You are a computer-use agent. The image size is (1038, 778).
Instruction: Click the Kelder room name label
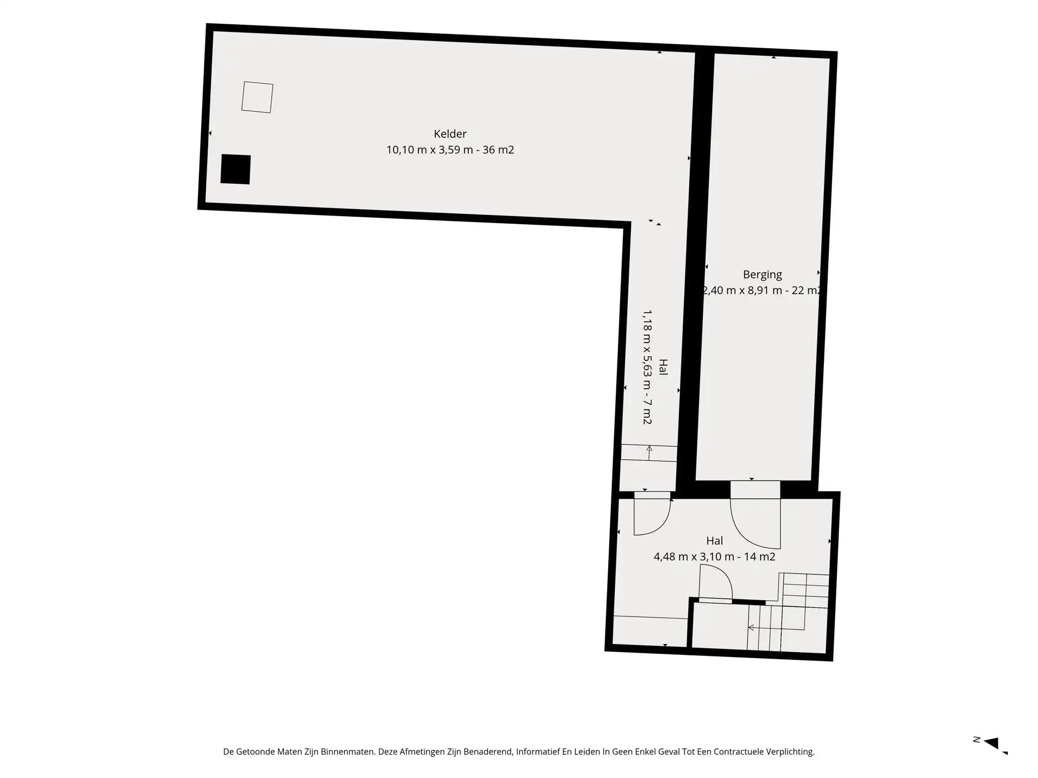pos(450,134)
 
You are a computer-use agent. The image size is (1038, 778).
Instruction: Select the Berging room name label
pos(762,275)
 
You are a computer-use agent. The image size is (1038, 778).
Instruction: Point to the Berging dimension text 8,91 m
pos(763,291)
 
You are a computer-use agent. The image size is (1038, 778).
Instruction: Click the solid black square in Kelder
pos(236,169)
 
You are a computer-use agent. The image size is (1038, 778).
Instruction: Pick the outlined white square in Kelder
pos(257,97)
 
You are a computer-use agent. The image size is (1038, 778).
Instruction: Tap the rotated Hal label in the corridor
pos(663,367)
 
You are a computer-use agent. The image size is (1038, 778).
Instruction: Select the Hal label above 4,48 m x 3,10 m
pos(714,541)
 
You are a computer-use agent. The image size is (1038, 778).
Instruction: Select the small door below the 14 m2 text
pos(715,582)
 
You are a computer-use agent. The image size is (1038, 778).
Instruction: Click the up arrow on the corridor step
pos(649,453)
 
